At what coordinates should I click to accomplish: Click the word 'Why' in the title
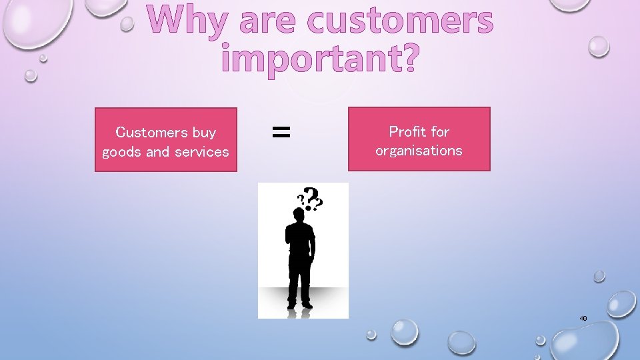(x=183, y=22)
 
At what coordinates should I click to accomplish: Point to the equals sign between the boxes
(x=281, y=133)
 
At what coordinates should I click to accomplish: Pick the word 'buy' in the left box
(x=204, y=133)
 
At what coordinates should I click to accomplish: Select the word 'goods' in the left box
(x=122, y=152)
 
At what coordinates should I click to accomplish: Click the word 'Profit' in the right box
(x=407, y=131)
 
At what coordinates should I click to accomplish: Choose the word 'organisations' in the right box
(x=419, y=151)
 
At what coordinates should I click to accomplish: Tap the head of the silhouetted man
(x=299, y=215)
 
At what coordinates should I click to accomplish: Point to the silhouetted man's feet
(x=299, y=305)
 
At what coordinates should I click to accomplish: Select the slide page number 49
(x=583, y=319)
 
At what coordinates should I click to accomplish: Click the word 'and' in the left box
(x=157, y=152)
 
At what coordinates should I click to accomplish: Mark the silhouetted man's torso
(x=299, y=243)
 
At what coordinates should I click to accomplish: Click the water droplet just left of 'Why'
(x=127, y=25)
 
